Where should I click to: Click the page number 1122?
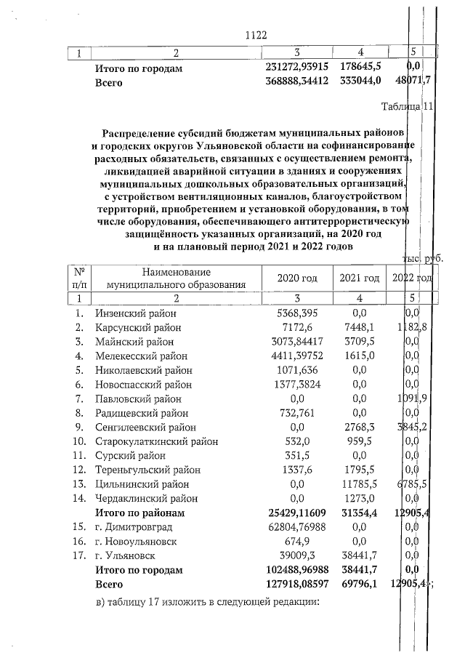click(x=257, y=34)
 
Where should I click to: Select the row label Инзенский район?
click(x=136, y=313)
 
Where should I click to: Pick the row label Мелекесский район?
click(x=141, y=356)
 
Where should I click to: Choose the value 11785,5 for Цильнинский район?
click(x=359, y=484)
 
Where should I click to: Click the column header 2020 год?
click(x=299, y=279)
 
